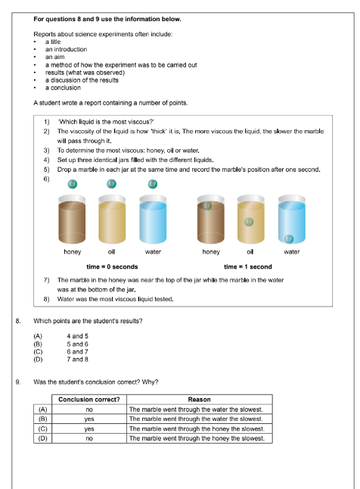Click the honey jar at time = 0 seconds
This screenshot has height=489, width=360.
(73, 220)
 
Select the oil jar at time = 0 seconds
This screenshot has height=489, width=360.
(112, 220)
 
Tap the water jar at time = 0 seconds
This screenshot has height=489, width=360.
(152, 220)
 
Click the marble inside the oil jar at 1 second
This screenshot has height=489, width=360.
(249, 222)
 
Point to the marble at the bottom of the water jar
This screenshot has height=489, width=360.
(288, 235)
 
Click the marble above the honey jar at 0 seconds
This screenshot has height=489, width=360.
(73, 183)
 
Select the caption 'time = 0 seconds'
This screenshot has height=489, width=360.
(112, 266)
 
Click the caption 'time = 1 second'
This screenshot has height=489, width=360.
(248, 266)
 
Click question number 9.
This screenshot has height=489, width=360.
(17, 381)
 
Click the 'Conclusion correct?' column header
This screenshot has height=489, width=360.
(89, 400)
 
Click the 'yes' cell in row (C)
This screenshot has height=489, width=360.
(89, 428)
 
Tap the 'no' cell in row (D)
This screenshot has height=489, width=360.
(89, 438)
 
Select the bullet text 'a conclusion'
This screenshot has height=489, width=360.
(63, 88)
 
